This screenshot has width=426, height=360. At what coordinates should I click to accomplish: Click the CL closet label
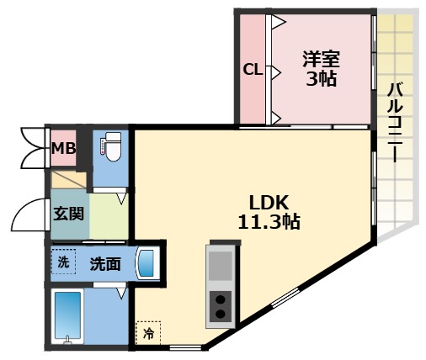click(253, 71)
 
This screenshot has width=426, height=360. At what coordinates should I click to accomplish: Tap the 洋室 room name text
click(321, 61)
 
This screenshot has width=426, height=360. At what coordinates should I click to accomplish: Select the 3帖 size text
click(321, 80)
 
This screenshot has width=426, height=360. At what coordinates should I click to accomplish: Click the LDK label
click(269, 203)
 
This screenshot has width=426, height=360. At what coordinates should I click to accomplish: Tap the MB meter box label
click(63, 150)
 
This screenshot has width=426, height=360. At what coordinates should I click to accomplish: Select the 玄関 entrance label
click(67, 212)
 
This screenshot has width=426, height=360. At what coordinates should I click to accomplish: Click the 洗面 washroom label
click(105, 263)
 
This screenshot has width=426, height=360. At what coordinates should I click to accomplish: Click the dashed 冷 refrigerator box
click(148, 333)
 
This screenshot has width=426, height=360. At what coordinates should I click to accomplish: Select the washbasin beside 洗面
click(146, 263)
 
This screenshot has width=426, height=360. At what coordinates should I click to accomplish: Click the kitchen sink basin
click(220, 266)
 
